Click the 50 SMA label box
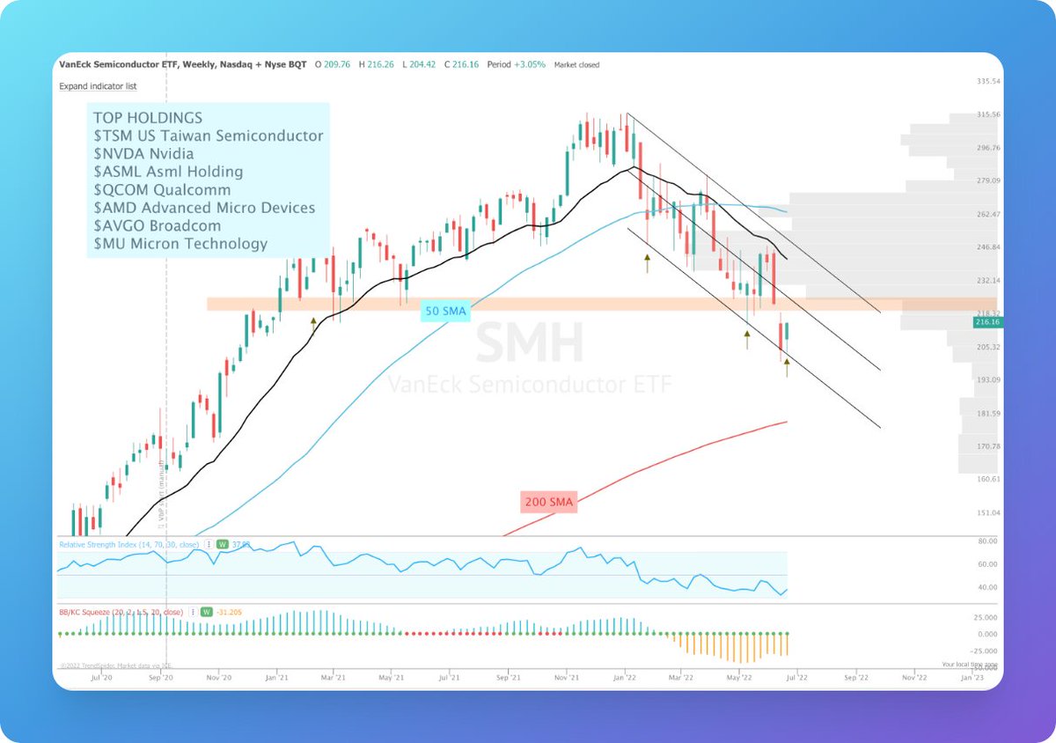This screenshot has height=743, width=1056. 445,311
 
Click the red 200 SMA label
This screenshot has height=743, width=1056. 548,502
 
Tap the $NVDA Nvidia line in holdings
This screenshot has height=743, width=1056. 143,153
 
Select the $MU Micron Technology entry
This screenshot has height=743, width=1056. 180,243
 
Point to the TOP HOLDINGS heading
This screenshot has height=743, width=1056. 147,117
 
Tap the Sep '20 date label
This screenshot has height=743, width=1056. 158,678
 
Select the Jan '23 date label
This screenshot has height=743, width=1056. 972,678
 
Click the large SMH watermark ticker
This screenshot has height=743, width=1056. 529,343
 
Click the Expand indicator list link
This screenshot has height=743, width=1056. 98,86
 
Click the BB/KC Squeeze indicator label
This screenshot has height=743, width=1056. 121,611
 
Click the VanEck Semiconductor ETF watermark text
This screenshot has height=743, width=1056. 529,384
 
